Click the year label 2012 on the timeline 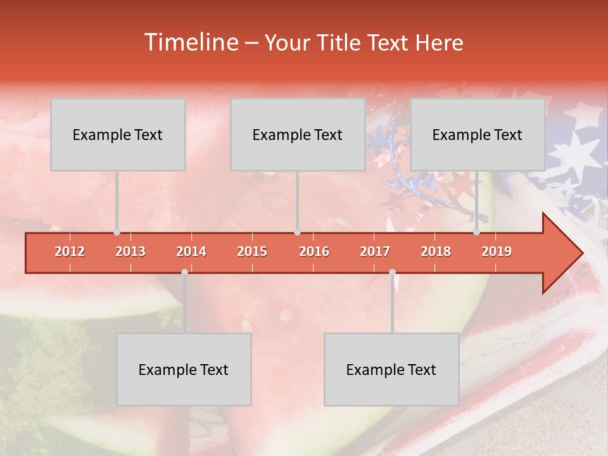tap(70, 251)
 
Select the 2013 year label tap(130, 251)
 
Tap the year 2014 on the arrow tap(191, 251)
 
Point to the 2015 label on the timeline tap(252, 251)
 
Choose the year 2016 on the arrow tap(314, 251)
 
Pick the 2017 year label tap(375, 251)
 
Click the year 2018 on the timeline tap(436, 251)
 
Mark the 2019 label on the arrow tap(497, 251)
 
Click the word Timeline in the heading tap(190, 42)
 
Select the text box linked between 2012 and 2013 tap(118, 134)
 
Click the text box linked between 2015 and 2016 tap(298, 134)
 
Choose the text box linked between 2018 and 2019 tap(478, 134)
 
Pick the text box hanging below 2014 tap(184, 369)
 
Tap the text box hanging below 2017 tap(391, 369)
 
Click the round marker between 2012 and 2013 tap(117, 232)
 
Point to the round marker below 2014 tap(184, 272)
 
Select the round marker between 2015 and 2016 tap(297, 232)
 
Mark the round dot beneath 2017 tap(392, 272)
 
